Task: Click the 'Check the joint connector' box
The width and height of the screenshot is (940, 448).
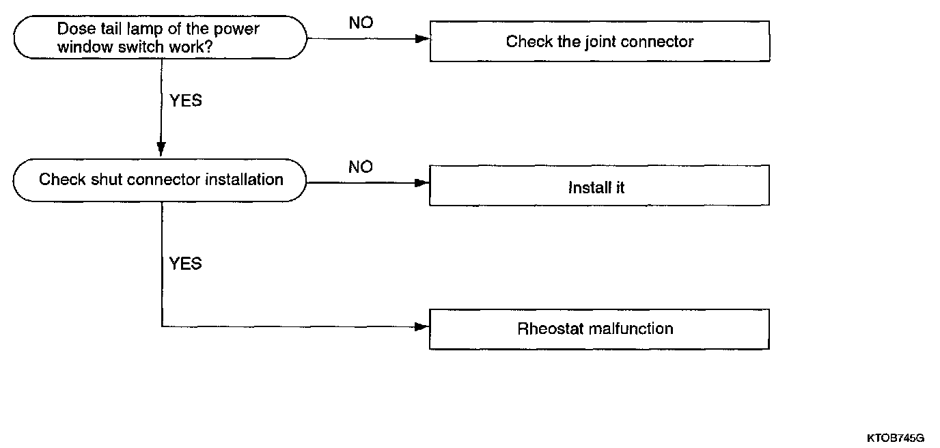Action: click(x=599, y=42)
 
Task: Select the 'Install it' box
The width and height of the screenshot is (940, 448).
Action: click(x=599, y=186)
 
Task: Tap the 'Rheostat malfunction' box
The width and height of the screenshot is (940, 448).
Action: click(x=599, y=329)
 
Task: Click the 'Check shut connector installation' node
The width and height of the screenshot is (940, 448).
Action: click(x=161, y=180)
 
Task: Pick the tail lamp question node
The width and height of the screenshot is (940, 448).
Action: click(x=161, y=38)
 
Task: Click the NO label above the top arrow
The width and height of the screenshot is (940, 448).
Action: click(x=361, y=23)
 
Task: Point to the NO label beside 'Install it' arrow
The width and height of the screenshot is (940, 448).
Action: click(x=361, y=167)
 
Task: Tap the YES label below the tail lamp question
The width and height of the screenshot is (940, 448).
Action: click(x=185, y=100)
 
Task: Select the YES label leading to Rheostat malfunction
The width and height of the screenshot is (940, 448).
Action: click(x=185, y=264)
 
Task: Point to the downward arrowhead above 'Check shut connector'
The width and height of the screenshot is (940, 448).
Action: click(x=161, y=148)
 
